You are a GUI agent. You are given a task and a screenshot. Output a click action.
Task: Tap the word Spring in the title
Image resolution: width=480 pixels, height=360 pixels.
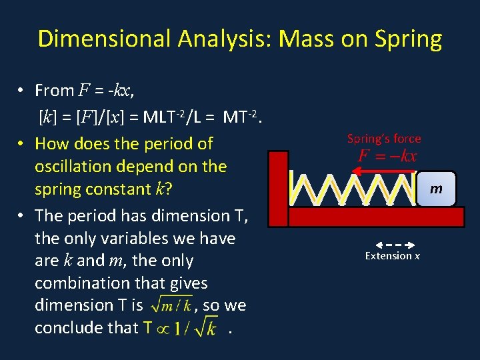[x=408, y=39]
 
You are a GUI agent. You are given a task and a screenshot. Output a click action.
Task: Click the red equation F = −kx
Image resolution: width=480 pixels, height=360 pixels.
[x=387, y=157]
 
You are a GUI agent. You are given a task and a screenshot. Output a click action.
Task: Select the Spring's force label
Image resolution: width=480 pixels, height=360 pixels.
[x=384, y=139]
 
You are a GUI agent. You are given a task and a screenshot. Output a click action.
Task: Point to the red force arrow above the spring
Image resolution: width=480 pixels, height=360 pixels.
[x=383, y=171]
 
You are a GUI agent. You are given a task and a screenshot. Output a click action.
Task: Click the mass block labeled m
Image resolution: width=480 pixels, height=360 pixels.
[x=436, y=189]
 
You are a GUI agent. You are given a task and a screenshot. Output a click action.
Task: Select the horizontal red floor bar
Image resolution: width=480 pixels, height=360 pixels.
[x=373, y=217]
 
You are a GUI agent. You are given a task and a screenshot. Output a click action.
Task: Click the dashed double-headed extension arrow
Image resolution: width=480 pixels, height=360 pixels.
[x=393, y=244]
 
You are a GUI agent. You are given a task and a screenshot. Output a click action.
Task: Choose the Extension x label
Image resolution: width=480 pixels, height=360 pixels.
[x=393, y=256]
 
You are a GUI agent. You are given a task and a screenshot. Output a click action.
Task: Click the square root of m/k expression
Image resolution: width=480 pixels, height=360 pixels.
[x=172, y=305]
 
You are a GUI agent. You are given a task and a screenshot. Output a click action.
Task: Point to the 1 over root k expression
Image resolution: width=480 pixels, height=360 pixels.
[x=196, y=329]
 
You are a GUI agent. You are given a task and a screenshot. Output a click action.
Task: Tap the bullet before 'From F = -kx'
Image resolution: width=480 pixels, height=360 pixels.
[x=22, y=90]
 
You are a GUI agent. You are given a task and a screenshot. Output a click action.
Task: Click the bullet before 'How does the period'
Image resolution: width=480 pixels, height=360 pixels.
[x=22, y=143]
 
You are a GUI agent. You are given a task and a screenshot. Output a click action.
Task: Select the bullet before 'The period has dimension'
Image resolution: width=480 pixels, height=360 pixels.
[x=22, y=215]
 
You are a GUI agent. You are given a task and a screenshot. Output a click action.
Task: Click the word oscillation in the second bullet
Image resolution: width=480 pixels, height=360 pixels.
[x=72, y=166]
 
